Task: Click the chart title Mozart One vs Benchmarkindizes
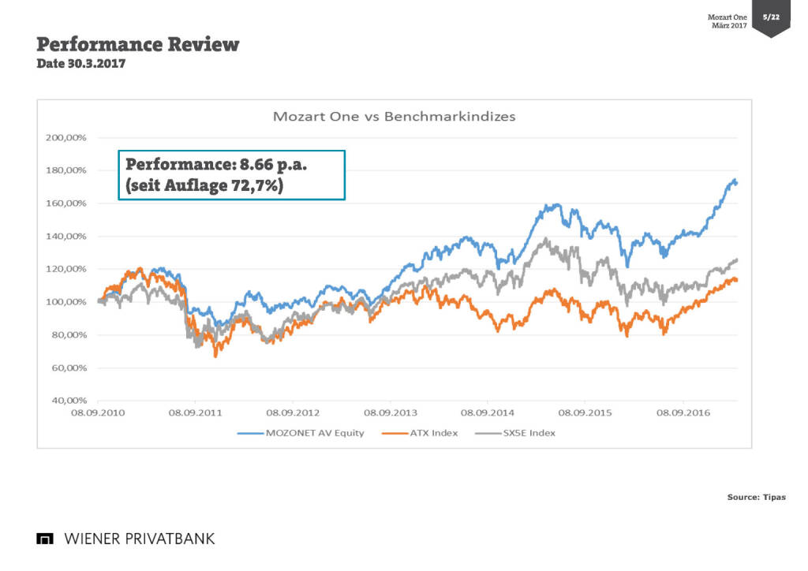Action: coord(394,116)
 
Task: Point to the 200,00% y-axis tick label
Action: coord(65,137)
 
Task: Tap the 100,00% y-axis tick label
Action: coord(65,302)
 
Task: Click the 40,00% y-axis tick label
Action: coord(66,401)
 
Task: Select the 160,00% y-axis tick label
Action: coord(65,203)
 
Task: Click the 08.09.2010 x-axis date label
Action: coord(97,412)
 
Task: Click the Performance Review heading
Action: coord(138,44)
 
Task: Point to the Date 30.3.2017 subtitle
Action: coord(80,64)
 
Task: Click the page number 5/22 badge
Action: coord(770,17)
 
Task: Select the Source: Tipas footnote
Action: coord(756,497)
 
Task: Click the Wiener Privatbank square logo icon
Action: coord(45,539)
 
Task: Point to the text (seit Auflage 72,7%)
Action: coord(204,186)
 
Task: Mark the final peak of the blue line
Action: coord(735,180)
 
